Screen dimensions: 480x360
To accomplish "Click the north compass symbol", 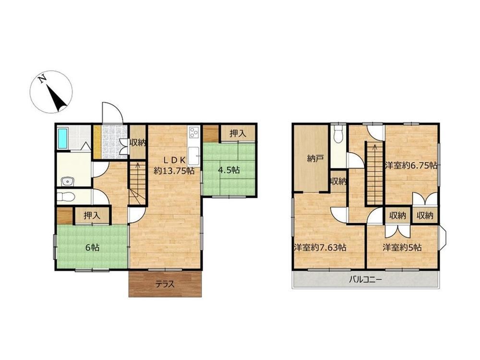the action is pyautogui.click(x=51, y=92).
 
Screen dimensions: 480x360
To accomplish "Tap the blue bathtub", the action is pyautogui.click(x=62, y=138).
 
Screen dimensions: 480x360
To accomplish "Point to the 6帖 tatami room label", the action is pyautogui.click(x=92, y=247).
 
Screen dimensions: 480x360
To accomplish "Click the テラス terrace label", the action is pyautogui.click(x=165, y=284).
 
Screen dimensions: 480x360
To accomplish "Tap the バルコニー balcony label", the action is pyautogui.click(x=365, y=279).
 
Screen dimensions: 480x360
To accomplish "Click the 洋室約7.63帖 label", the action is pyautogui.click(x=320, y=247).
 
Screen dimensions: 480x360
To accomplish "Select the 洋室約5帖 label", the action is pyautogui.click(x=402, y=247).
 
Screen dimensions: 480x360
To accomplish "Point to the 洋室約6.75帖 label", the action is pyautogui.click(x=411, y=166).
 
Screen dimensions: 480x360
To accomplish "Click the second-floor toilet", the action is pyautogui.click(x=338, y=135).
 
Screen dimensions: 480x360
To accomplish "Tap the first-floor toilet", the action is pyautogui.click(x=65, y=196).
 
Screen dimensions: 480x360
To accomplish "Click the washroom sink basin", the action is pyautogui.click(x=67, y=181).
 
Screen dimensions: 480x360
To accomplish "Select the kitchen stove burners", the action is pyautogui.click(x=194, y=132).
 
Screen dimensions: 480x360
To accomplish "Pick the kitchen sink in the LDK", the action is pyautogui.click(x=193, y=156).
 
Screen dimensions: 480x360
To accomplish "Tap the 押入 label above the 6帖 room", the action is pyautogui.click(x=92, y=216).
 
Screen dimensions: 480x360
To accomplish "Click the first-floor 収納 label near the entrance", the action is pyautogui.click(x=137, y=143).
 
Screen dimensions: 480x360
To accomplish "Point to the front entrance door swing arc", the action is pyautogui.click(x=116, y=107).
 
